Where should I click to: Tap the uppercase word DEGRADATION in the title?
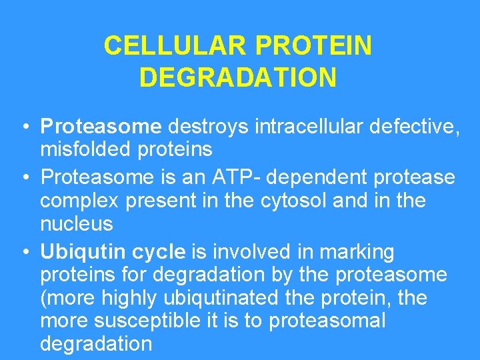(238, 78)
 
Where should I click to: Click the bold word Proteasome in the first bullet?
(101, 126)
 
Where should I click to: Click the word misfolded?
(86, 149)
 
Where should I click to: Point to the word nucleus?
(77, 223)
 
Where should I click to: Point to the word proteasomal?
(327, 321)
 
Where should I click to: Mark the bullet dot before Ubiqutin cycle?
(23, 253)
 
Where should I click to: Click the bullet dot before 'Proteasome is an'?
(23, 179)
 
